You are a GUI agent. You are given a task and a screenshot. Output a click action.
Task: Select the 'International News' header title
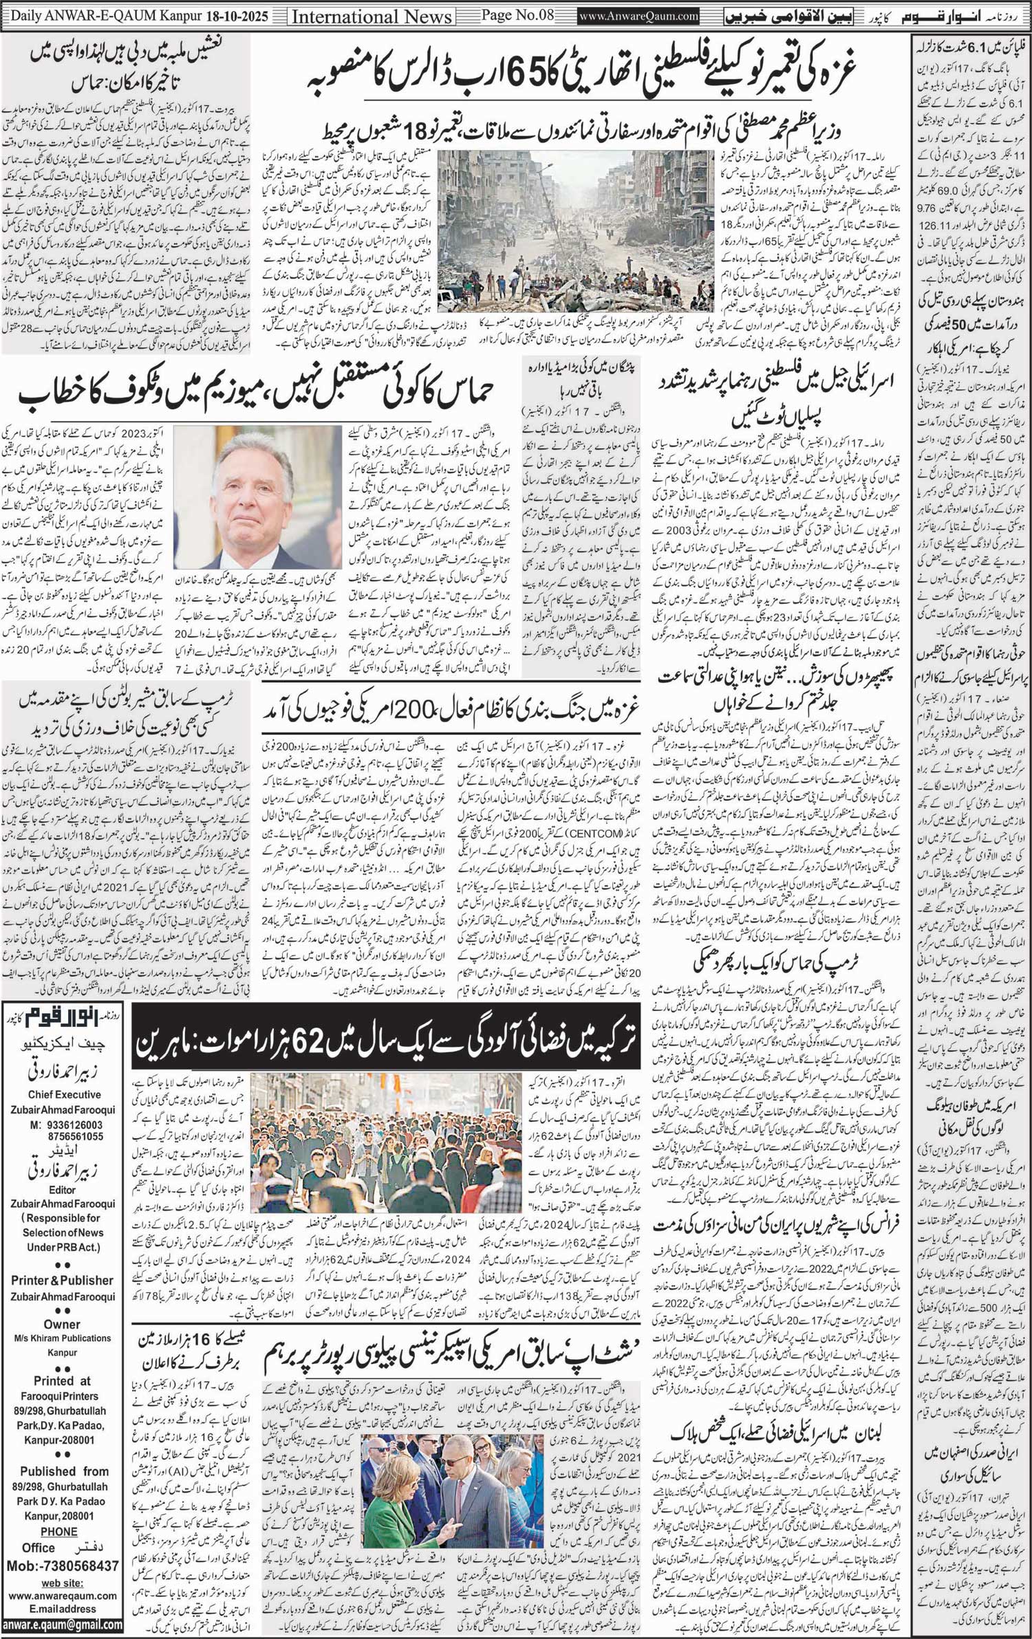[372, 16]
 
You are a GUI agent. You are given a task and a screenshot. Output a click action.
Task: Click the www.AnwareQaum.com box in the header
[639, 15]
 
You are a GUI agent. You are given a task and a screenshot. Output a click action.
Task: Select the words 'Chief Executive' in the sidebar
[65, 1094]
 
